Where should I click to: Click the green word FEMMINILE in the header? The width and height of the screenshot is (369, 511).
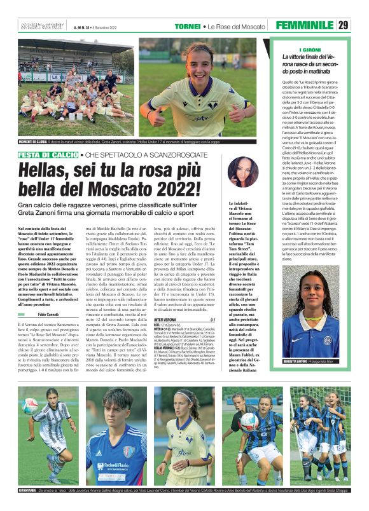305,25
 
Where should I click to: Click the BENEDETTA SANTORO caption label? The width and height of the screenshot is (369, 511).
288,361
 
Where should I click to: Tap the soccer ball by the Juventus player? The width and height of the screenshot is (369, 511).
31,405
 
